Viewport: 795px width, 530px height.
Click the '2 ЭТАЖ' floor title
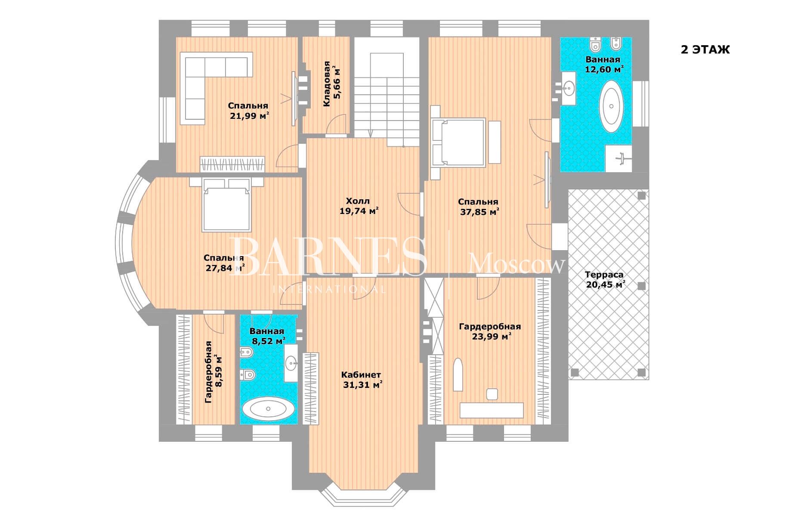[705, 50]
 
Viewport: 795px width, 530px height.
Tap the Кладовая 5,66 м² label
[331, 84]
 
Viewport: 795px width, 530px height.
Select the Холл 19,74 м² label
[359, 206]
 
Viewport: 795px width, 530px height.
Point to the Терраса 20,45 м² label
[605, 279]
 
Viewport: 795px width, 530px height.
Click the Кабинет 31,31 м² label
[362, 380]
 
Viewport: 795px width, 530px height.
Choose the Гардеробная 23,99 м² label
[490, 331]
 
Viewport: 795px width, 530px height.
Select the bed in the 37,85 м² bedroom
[459, 142]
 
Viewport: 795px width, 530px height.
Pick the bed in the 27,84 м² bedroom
[226, 205]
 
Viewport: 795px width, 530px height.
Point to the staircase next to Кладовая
[387, 93]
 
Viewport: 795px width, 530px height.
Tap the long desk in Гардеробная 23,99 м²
[492, 410]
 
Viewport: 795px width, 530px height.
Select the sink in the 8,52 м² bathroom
[291, 363]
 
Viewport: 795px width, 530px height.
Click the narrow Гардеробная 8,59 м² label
[213, 372]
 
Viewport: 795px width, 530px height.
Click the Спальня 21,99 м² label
[248, 110]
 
